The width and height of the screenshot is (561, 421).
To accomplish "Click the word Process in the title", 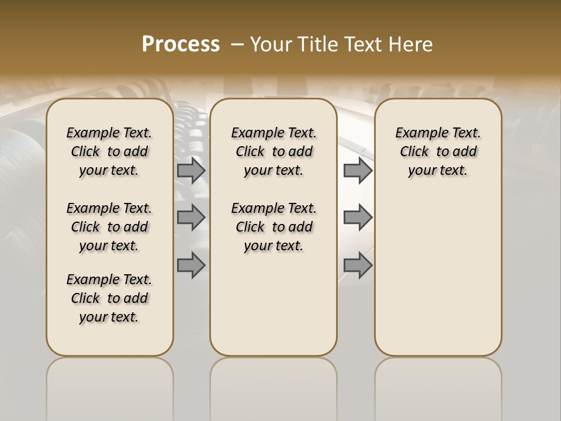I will pos(181,44).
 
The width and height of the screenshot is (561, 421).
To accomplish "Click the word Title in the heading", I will pos(316,44).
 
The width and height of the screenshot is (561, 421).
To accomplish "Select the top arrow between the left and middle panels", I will pos(191,171).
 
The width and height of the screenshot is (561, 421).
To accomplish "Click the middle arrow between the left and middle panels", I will pos(191,218).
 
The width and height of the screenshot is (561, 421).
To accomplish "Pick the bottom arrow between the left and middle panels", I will pos(191,265).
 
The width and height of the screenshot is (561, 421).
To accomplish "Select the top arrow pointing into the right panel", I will pos(358,171).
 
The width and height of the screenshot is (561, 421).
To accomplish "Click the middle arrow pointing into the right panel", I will pos(358,218).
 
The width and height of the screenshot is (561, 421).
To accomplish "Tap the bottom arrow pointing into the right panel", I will pos(358,265).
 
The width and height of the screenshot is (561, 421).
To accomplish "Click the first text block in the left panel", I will pos(109,151).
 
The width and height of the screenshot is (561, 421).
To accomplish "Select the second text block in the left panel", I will pos(109,227).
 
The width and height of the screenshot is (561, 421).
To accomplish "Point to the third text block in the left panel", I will pos(109,298).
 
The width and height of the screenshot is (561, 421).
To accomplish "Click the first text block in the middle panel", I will pos(273,151).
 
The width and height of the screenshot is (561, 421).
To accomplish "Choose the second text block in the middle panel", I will pos(273,227).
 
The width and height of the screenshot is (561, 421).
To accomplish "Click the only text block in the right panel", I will pos(438,151).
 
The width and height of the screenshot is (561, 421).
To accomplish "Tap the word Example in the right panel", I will pos(417,133).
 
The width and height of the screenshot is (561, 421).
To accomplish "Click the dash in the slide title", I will pos(237,44).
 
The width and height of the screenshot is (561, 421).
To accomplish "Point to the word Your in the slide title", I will pos(271,44).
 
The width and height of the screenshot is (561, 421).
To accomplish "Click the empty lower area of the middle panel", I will pos(273,304).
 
